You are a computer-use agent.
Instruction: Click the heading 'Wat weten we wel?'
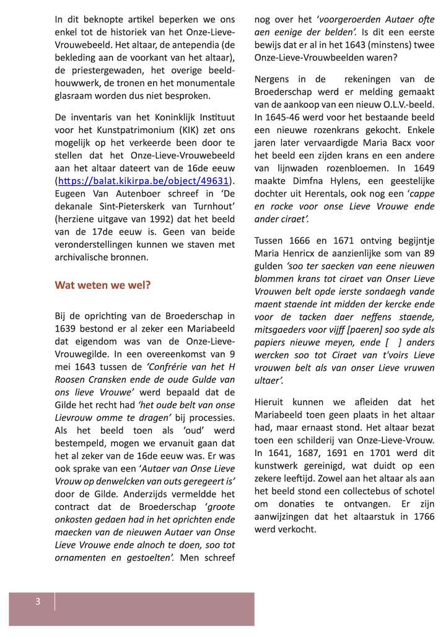point(103,285)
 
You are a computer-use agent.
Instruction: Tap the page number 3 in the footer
point(38,601)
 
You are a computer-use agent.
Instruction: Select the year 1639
point(68,328)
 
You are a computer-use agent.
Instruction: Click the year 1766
point(422,516)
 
